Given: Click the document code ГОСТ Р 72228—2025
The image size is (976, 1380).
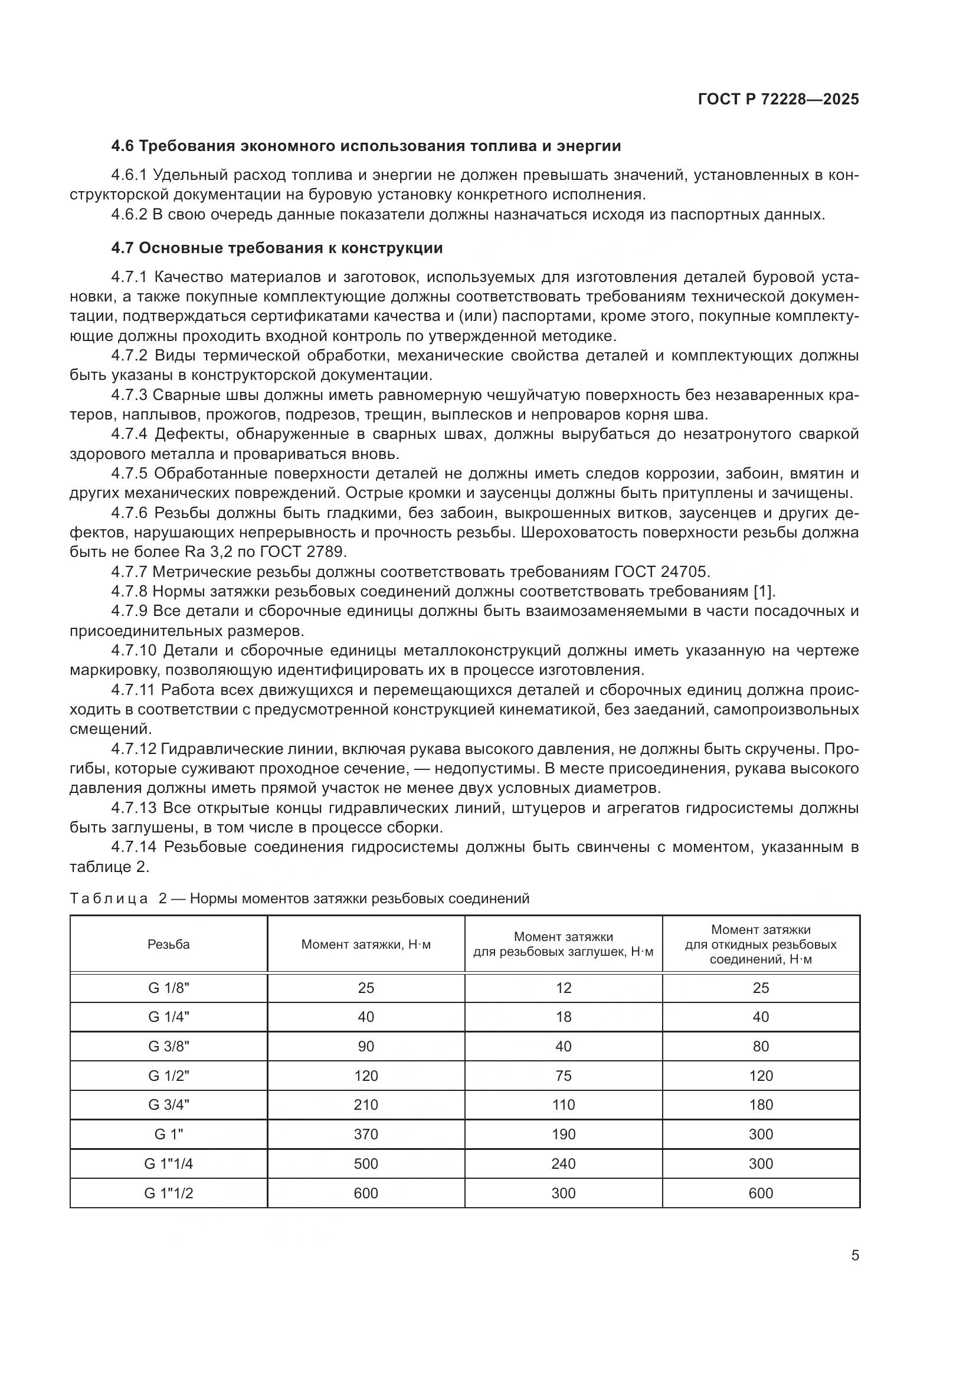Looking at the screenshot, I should click(x=778, y=99).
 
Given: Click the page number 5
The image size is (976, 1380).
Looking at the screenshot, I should click(x=854, y=1255).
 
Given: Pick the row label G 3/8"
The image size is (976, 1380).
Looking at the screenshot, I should click(x=168, y=1047).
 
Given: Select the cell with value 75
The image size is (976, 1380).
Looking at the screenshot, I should click(x=563, y=1076).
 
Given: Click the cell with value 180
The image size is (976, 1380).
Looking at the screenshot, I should click(x=760, y=1104).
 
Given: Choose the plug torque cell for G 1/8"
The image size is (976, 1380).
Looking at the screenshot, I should click(x=563, y=988).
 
